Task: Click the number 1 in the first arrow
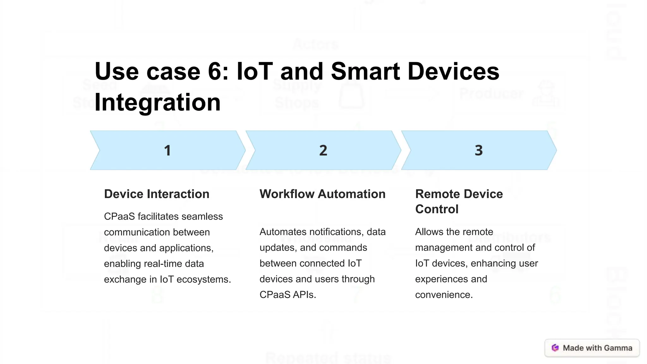pos(167,150)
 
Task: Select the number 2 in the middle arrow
pos(323,150)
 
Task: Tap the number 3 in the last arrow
pos(479,150)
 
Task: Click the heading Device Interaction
pos(157,194)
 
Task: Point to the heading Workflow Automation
pos(323,194)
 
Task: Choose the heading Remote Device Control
pos(459,201)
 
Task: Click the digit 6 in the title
pos(215,71)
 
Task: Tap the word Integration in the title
pos(157,102)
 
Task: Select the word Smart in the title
pos(366,71)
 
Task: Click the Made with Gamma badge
pos(592,348)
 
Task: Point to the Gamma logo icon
pos(555,348)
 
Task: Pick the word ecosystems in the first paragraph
pos(203,279)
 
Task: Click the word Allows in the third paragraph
pos(429,232)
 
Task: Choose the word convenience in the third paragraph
pos(444,295)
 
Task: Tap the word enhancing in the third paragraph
pos(493,263)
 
